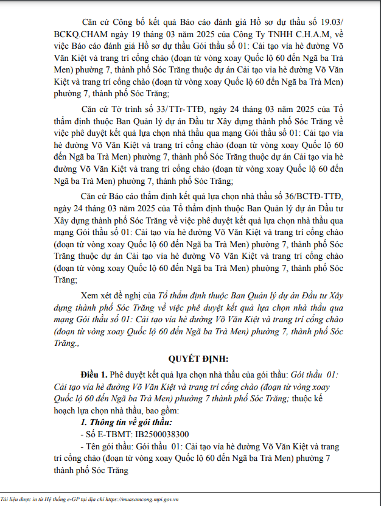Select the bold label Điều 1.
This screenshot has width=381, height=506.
pyautogui.click(x=94, y=373)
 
